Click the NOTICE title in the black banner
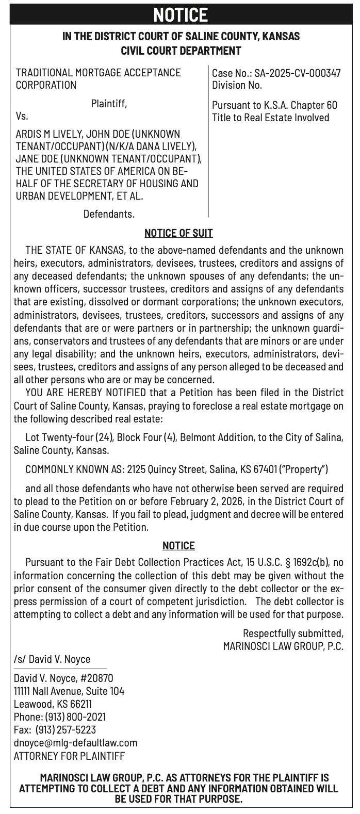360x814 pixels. click(180, 15)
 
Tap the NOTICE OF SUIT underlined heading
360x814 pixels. click(178, 233)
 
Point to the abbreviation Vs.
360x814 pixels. click(22, 116)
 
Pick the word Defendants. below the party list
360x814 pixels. click(109, 213)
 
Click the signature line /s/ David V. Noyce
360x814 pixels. click(52, 659)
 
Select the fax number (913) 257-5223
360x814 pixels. click(66, 730)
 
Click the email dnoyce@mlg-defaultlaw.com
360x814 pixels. click(76, 743)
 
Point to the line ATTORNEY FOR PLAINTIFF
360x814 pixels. click(69, 756)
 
